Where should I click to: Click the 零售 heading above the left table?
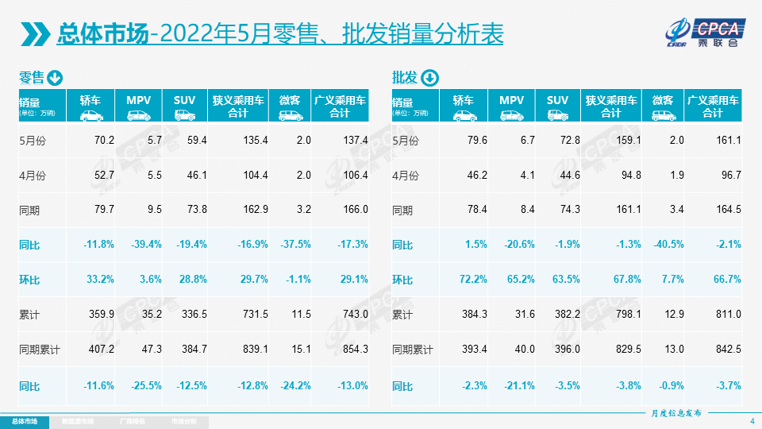(31, 78)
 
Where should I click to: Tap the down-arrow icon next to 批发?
(429, 78)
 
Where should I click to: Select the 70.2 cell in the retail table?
(104, 141)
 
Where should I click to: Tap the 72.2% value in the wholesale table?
(474, 280)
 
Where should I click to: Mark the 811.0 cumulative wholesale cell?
(727, 315)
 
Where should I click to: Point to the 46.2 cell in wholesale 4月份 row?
(476, 175)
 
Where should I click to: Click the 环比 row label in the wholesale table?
(403, 280)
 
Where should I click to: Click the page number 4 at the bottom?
(752, 420)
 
